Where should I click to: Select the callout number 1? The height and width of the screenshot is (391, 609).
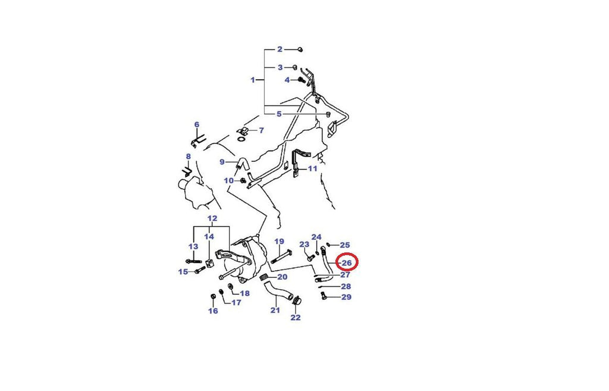pyautogui.click(x=253, y=80)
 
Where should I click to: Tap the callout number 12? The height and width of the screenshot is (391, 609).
pyautogui.click(x=212, y=218)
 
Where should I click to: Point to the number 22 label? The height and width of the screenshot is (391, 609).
pyautogui.click(x=296, y=318)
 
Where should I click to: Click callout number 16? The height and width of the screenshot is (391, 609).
pyautogui.click(x=213, y=311)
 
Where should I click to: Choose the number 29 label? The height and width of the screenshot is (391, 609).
pyautogui.click(x=347, y=297)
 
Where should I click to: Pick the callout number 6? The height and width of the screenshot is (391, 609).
pyautogui.click(x=197, y=125)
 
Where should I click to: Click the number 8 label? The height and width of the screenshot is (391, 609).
pyautogui.click(x=189, y=157)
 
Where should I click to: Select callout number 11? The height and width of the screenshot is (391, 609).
pyautogui.click(x=313, y=168)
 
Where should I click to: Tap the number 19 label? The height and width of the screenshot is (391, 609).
pyautogui.click(x=280, y=242)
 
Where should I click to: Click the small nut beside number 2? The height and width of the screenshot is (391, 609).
pyautogui.click(x=300, y=49)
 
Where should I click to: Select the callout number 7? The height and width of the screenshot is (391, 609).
pyautogui.click(x=262, y=130)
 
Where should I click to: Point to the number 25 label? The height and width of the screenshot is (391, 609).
pyautogui.click(x=345, y=245)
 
